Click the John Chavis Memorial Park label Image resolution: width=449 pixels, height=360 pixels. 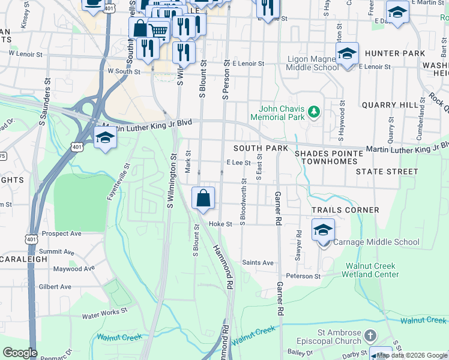pos(283,113)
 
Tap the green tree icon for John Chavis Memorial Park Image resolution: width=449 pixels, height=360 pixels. pos(313,112)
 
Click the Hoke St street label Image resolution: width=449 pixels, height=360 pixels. pos(220,224)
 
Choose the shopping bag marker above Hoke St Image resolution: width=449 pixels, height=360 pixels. pos(203,197)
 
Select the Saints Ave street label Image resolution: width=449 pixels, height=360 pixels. pos(258,263)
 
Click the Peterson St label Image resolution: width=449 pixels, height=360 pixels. pos(303,276)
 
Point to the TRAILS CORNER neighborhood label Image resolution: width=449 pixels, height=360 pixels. pos(345,210)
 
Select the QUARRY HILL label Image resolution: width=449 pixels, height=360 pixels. pos(390,104)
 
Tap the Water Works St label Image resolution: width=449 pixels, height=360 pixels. pos(105,312)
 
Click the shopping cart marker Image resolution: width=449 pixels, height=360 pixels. pos(158,29)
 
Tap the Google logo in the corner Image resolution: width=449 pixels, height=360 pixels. pos(20,353)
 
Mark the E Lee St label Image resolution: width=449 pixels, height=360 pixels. pos(238,162)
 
